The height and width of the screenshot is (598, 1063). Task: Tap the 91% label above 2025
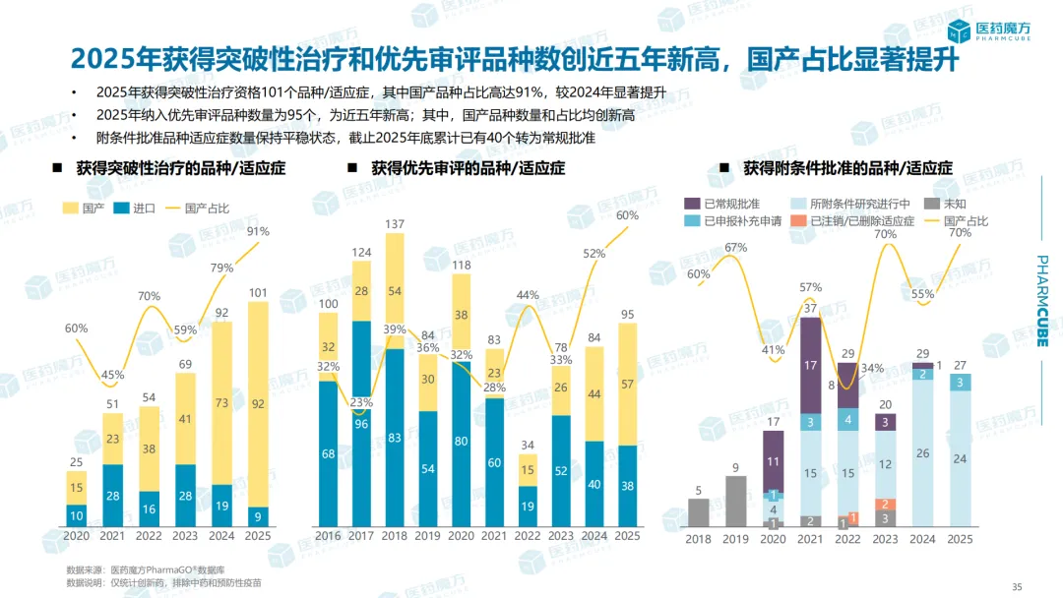click(x=259, y=232)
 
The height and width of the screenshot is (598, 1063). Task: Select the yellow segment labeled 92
click(x=259, y=401)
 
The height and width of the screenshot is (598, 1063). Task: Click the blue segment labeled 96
click(x=361, y=425)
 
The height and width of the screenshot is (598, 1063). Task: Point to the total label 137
click(x=395, y=224)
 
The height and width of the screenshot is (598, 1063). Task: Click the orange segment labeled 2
click(x=885, y=503)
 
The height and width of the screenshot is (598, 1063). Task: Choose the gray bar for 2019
click(x=735, y=502)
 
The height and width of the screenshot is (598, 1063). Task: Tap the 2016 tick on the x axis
click(x=328, y=536)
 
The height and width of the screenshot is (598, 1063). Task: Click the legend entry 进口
click(x=135, y=209)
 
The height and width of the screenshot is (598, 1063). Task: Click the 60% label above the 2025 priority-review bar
click(x=627, y=215)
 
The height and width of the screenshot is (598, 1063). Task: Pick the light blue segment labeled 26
click(x=922, y=453)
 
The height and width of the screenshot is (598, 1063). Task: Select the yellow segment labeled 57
click(x=627, y=384)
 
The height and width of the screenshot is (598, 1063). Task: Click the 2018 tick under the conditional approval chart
click(x=698, y=539)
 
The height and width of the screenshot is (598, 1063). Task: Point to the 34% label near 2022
click(x=871, y=368)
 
